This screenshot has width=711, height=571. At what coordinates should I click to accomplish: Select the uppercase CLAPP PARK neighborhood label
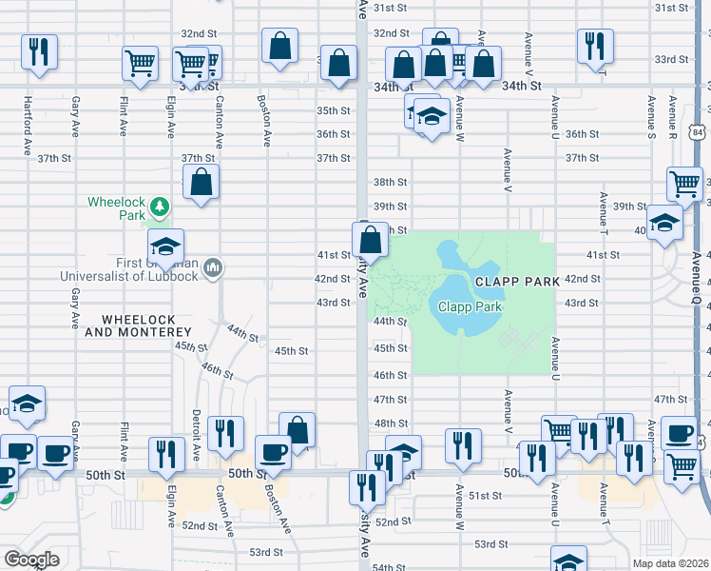(x=517, y=282)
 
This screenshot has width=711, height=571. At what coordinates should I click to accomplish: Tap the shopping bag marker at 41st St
(x=372, y=238)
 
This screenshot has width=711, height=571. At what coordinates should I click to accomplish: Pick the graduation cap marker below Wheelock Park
(x=165, y=246)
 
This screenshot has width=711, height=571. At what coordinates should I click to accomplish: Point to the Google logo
(x=30, y=559)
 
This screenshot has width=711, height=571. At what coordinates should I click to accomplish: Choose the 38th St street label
(x=390, y=182)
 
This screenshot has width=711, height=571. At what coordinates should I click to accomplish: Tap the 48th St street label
(x=390, y=423)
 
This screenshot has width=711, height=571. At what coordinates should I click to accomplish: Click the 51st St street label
(x=485, y=496)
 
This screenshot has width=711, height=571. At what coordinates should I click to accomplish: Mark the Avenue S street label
(x=651, y=114)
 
